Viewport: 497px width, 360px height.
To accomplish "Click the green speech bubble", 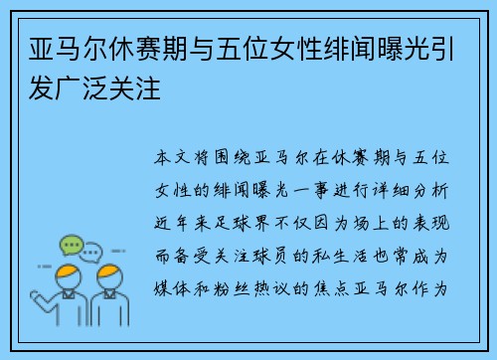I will click(71, 245).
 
